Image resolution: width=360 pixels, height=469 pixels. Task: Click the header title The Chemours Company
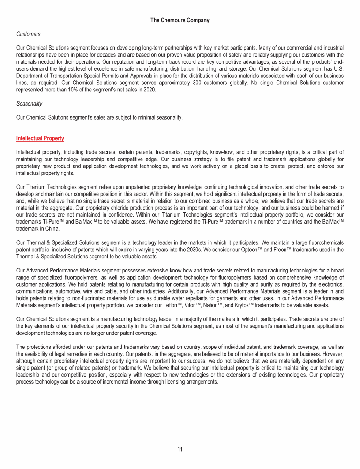(x=180, y=20)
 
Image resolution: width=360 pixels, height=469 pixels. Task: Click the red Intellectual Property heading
(x=40, y=138)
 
